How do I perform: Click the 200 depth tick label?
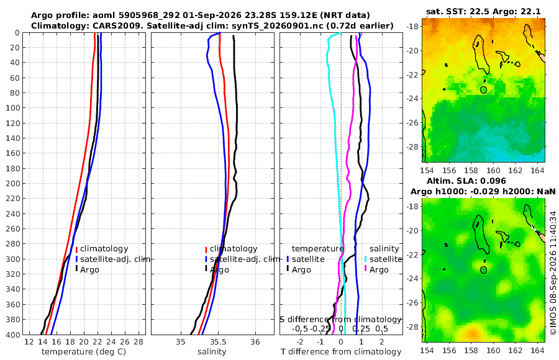coord(13,183)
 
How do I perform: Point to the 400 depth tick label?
coord(13,335)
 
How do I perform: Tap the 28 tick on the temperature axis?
coord(139,342)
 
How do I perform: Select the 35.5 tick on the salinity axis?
coord(218,342)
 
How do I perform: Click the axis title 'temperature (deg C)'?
coord(84,352)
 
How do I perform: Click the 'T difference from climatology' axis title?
coord(341,352)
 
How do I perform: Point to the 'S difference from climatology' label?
coord(340,320)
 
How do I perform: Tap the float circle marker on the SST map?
coord(483,90)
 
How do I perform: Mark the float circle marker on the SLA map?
coord(483,270)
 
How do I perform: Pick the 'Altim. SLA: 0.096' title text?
coord(466,181)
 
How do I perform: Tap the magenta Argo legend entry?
coord(383,270)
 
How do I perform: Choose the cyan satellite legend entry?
coord(383,259)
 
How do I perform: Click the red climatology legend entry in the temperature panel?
coord(102,249)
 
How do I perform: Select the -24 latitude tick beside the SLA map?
coord(414,278)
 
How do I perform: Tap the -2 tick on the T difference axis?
coord(299,342)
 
